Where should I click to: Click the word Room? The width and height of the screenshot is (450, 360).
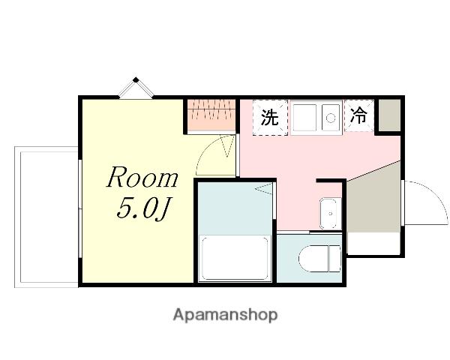(x=142, y=177)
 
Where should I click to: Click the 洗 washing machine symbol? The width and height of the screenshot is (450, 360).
(x=270, y=118)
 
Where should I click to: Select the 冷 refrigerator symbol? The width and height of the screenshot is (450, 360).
(x=358, y=115)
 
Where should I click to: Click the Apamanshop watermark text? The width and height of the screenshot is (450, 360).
(x=225, y=315)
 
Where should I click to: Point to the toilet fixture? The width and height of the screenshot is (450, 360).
(x=319, y=258)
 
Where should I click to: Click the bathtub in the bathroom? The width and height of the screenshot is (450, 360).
(x=235, y=258)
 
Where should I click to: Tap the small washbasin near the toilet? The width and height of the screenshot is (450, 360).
(x=330, y=214)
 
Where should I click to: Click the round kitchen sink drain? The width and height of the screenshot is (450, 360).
(x=331, y=118)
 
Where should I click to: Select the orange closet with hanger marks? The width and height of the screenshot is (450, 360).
(x=211, y=114)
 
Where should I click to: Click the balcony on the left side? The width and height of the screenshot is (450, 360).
(x=46, y=217)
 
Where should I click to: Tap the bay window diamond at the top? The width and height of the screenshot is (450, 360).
(x=136, y=88)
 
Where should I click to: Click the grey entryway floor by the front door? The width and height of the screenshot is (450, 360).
(x=373, y=198)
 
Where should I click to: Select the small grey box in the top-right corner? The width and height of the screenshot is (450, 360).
(x=389, y=115)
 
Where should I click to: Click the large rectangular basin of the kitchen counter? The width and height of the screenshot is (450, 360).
(x=304, y=118)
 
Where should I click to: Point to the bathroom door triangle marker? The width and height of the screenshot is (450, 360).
(x=263, y=189)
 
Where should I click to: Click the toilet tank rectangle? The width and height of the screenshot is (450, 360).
(x=334, y=258)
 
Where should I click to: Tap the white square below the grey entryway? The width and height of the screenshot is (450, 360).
(x=373, y=244)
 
